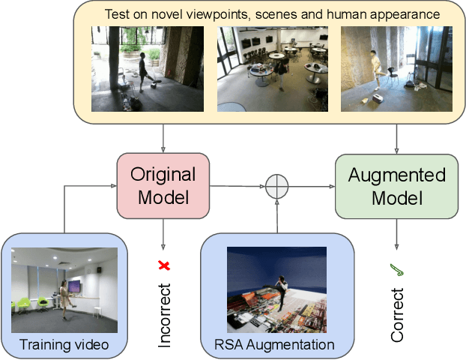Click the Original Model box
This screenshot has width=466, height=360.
click(163, 185)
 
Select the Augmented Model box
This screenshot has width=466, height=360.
click(396, 185)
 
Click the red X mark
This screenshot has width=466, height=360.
click(163, 265)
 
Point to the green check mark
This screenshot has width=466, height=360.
click(396, 268)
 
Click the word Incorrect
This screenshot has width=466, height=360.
click(164, 316)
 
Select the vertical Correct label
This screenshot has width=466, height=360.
click(397, 316)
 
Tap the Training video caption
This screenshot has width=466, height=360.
click(64, 344)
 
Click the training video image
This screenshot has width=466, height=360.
click(64, 290)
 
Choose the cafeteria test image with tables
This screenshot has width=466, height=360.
click(272, 69)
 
